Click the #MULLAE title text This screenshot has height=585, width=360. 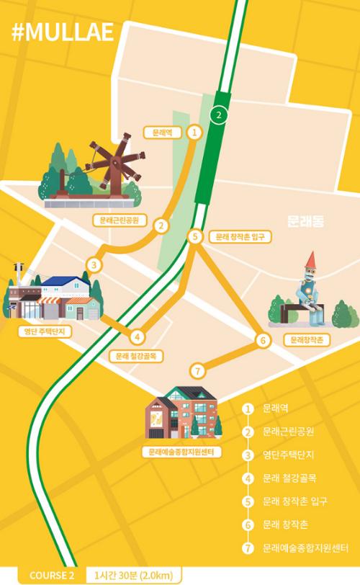click(63, 33)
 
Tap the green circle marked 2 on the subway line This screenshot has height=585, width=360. click(218, 115)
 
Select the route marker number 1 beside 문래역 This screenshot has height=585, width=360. click(194, 132)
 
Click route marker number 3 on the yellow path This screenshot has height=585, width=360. click(93, 265)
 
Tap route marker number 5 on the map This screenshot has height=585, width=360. click(194, 236)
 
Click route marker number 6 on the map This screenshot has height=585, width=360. click(263, 340)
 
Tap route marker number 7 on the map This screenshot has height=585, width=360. click(199, 371)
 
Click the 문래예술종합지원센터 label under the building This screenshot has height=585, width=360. click(182, 452)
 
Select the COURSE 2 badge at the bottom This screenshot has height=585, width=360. click(52, 575)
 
